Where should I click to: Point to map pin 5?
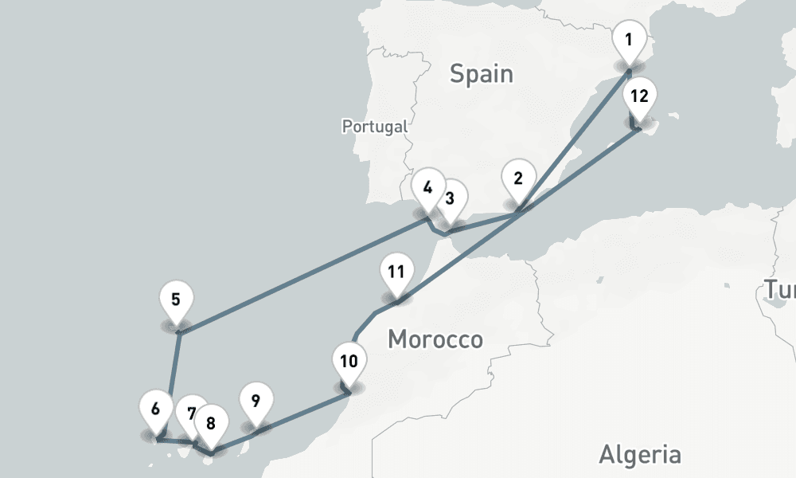click(176, 301)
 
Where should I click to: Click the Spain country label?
click(481, 75)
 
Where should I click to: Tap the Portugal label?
click(374, 126)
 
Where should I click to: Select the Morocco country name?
click(435, 340)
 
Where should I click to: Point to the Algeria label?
click(639, 455)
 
